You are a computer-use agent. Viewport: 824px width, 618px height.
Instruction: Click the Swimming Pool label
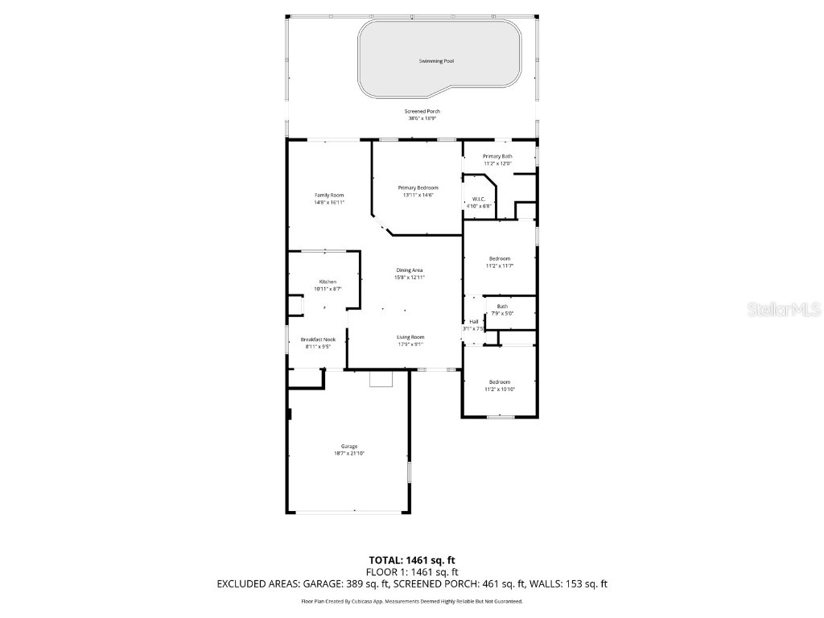coord(435,61)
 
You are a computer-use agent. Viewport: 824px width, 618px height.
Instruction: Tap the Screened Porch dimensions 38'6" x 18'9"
coord(422,118)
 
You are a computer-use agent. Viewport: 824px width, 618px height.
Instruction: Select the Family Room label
coord(329,196)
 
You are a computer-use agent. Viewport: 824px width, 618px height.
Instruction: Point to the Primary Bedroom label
coord(418,187)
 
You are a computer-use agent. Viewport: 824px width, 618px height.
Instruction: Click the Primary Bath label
coord(497,156)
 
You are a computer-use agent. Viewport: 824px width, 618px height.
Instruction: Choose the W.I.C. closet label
coord(478,199)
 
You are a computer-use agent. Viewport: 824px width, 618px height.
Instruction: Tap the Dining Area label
coord(410,270)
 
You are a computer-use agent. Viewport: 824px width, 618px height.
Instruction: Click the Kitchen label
coord(328,282)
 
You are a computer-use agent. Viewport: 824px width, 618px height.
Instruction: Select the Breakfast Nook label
coord(317,340)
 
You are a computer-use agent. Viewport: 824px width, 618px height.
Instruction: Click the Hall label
coord(474,322)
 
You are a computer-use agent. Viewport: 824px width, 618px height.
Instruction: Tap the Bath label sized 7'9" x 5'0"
coord(502,307)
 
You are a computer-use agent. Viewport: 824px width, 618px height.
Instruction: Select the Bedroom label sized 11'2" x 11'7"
coord(499,258)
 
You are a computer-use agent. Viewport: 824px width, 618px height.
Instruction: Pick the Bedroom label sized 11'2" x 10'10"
coord(500,382)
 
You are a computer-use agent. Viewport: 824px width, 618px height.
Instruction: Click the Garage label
coord(349,447)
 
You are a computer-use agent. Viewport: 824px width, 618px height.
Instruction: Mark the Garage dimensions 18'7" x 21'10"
coord(349,454)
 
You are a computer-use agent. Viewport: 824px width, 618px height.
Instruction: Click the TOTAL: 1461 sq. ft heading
coord(411,560)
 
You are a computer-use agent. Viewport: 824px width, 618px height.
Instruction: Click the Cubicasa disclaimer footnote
coord(411,601)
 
